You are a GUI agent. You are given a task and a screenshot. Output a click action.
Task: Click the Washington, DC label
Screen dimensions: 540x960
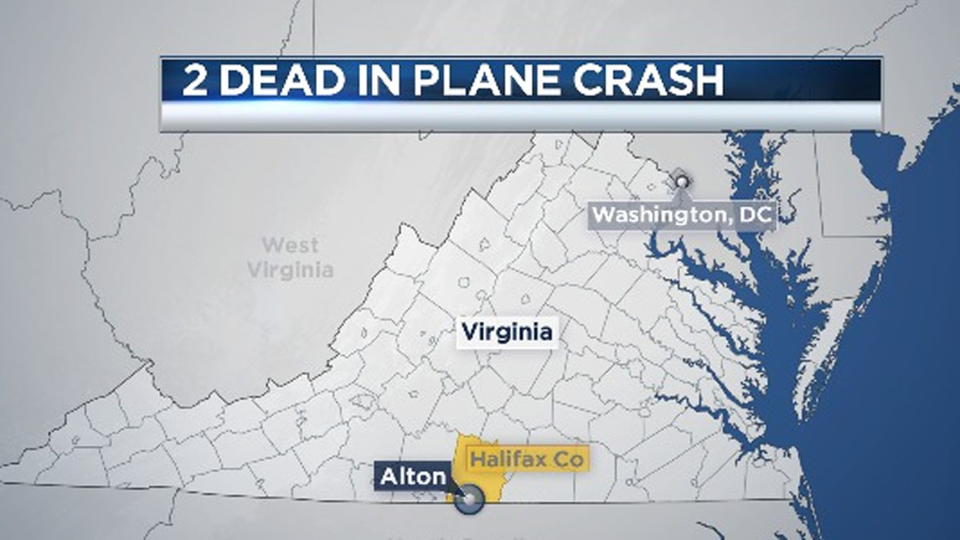(x=682, y=215)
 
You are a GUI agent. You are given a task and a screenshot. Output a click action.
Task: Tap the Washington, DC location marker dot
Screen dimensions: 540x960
(x=681, y=182)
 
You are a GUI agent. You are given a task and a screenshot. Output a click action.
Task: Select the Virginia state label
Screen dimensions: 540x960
(x=506, y=331)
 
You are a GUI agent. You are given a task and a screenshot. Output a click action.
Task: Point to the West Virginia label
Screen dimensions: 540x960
(x=290, y=258)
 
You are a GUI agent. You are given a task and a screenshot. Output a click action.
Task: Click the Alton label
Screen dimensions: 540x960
(x=412, y=477)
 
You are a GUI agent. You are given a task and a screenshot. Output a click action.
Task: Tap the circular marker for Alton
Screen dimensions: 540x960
(x=469, y=500)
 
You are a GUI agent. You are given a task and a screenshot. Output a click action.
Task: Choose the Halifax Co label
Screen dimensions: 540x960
(x=527, y=460)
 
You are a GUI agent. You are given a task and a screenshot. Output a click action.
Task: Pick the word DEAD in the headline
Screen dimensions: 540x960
(x=277, y=82)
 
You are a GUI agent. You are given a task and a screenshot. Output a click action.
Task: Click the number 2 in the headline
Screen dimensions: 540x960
(x=193, y=82)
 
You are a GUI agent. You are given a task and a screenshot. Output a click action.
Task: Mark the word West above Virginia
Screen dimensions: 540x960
(x=290, y=245)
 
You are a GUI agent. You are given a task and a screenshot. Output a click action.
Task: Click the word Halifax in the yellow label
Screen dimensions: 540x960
(x=508, y=460)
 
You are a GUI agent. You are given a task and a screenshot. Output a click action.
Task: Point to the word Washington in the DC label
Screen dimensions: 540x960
(x=661, y=215)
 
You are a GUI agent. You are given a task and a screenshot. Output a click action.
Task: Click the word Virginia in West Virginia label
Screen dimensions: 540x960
(x=290, y=270)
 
